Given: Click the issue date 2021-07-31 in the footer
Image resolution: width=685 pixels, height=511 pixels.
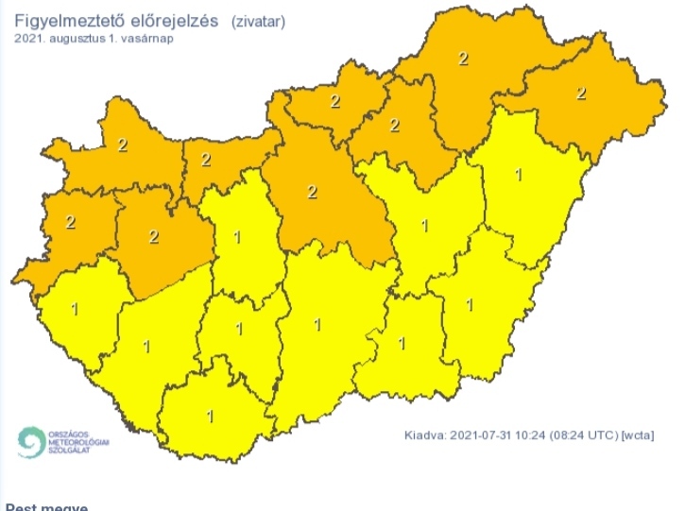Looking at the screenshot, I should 480,435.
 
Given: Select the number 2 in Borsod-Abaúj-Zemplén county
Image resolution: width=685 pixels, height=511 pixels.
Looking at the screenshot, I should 463,59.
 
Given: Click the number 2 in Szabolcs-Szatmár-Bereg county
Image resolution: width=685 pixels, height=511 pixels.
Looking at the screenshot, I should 581,93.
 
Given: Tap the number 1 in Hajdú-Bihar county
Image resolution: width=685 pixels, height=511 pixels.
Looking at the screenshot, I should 518,175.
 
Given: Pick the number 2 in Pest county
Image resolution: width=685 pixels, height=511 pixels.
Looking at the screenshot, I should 312,192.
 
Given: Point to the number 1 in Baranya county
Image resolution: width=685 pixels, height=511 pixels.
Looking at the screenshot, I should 210,415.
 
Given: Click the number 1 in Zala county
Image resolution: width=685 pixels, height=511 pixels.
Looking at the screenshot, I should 75,308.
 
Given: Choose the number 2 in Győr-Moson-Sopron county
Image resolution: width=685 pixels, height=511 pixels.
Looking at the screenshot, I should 122,145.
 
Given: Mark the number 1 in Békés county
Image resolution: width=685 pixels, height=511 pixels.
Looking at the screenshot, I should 470,305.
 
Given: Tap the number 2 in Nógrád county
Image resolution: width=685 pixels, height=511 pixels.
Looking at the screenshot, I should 334,102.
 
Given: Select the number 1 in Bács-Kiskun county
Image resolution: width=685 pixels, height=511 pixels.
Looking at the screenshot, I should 317,325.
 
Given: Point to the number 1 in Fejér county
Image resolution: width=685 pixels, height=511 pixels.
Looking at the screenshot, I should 236,236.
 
